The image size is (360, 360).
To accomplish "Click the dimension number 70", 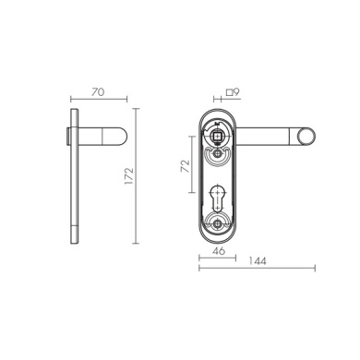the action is pyautogui.click(x=98, y=91).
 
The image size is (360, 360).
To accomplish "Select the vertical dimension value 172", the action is pyautogui.click(x=129, y=175).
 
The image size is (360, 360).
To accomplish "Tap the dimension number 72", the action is pyautogui.click(x=185, y=166).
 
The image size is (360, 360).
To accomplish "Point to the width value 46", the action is pyautogui.click(x=219, y=251).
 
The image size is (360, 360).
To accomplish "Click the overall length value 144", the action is pyautogui.click(x=258, y=261).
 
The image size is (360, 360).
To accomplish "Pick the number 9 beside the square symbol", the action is pyautogui.click(x=236, y=91).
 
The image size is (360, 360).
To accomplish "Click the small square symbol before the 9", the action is pyautogui.click(x=229, y=92).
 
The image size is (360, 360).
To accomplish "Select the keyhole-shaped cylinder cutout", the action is pyautogui.click(x=218, y=198).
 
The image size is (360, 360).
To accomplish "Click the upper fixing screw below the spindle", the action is pyautogui.click(x=218, y=153).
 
